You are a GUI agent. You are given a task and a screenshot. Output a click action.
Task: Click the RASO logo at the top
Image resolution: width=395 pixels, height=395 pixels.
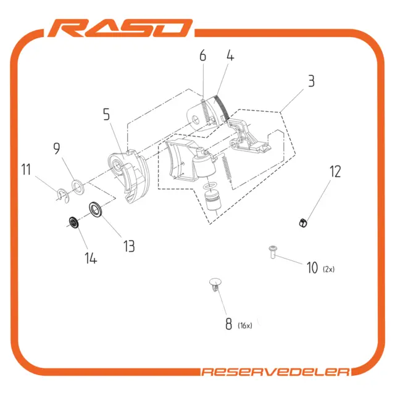coord(120,28)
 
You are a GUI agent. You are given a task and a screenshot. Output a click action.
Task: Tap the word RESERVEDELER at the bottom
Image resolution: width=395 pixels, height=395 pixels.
coord(276,372)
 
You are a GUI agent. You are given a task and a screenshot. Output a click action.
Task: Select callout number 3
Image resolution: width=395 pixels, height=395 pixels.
coord(311,81)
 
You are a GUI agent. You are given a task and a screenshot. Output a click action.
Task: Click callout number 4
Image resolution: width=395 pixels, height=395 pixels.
coord(230,55)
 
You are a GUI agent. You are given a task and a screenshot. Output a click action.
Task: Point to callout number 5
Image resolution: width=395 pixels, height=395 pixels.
coord(107,114)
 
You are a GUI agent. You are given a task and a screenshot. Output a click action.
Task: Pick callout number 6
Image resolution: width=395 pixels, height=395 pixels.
coord(203,56)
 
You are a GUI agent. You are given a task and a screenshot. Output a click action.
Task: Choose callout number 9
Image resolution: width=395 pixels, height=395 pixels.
coord(57,148)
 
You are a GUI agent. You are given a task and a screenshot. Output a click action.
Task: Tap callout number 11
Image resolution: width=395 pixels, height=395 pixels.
coord(26,169)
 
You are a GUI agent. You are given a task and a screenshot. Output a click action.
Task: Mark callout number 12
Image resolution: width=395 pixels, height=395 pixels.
coord(335,172)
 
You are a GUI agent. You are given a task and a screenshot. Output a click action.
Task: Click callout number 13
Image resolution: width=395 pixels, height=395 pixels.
coord(129,246)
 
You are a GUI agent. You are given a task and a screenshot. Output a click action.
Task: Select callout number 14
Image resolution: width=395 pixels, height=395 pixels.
coord(91,258)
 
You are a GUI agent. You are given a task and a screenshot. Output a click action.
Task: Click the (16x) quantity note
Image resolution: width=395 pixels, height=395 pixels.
coord(245,325)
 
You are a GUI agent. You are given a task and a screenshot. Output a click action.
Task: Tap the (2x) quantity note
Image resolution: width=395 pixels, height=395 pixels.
coord(329,269)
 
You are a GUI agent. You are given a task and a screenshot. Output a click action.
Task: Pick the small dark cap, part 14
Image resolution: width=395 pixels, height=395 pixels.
coord(74,222)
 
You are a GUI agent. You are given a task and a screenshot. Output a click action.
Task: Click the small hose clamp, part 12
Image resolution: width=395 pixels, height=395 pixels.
coord(303,223)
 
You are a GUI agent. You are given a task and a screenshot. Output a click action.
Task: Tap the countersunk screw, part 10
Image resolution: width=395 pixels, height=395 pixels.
coord(273,252)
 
